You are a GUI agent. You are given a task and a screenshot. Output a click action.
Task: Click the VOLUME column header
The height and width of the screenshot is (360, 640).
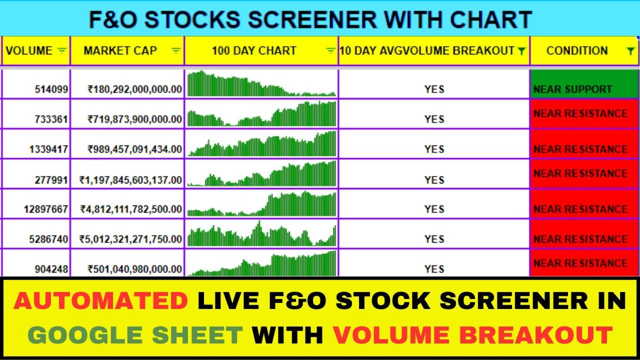(x=29, y=51)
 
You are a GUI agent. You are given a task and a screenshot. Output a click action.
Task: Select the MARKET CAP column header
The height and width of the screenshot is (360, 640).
(x=120, y=51)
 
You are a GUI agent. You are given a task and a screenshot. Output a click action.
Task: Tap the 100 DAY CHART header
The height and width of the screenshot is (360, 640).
(x=254, y=51)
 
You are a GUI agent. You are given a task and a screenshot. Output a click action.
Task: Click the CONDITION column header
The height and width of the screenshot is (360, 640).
(x=577, y=51)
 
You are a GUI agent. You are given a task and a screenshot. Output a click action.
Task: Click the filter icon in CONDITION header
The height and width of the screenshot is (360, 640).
(x=630, y=51)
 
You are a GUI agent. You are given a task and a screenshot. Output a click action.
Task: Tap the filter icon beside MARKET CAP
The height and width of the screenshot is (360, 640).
(x=176, y=51)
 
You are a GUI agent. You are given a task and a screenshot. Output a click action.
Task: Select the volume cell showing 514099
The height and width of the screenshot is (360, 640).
(x=51, y=89)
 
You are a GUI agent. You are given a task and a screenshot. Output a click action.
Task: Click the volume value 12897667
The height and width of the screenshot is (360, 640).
(x=46, y=209)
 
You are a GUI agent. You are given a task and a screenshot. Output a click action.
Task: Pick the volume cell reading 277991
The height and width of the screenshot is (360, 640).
(x=51, y=180)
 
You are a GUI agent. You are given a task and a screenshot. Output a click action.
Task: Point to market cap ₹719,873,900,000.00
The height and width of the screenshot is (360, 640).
(x=135, y=119)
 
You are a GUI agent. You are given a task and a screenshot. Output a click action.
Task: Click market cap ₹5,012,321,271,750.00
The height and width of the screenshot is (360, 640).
(x=130, y=239)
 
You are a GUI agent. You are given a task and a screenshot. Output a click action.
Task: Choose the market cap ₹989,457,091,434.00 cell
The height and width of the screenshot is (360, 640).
(x=135, y=149)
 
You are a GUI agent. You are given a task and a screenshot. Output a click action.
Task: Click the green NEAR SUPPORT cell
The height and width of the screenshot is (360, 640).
(x=584, y=84)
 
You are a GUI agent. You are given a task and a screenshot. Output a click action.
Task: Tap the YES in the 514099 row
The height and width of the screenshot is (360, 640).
(x=434, y=89)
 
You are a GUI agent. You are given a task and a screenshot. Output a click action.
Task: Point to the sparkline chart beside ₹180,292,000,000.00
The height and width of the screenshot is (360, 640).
(x=262, y=84)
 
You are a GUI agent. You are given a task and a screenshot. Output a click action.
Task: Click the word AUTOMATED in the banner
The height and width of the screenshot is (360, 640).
(x=101, y=300)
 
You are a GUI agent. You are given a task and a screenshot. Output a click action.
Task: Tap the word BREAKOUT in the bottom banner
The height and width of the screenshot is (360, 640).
(x=536, y=335)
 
